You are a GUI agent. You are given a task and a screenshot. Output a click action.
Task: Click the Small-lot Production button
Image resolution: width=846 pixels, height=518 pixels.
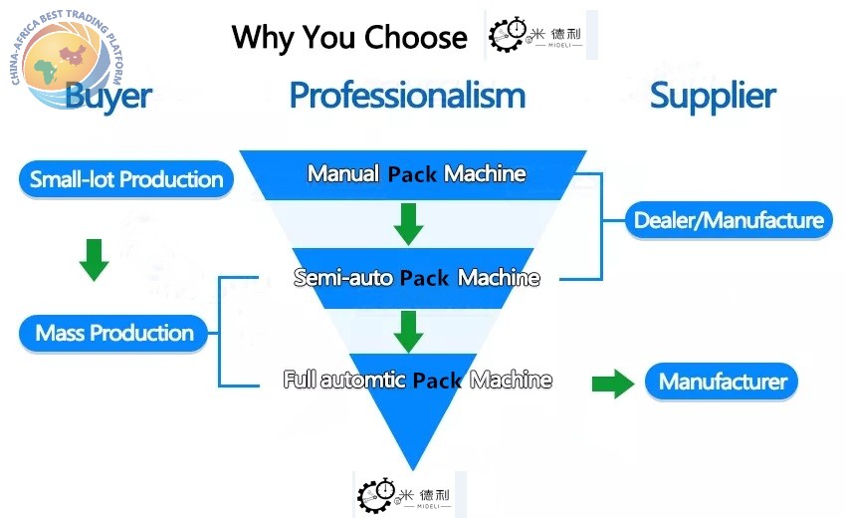[126, 178]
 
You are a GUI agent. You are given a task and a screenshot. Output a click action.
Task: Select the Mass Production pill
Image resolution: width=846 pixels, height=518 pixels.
[113, 333]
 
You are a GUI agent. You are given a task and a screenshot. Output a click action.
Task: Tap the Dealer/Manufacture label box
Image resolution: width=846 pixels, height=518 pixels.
[729, 220]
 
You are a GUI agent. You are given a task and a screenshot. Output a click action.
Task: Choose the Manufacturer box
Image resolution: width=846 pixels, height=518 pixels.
[722, 382]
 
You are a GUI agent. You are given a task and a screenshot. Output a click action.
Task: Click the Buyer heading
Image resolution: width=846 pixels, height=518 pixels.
[108, 97]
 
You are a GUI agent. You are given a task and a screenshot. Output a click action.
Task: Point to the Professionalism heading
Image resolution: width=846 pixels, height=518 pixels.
[407, 96]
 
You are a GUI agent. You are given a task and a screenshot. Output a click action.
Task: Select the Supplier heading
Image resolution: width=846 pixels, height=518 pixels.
[713, 97]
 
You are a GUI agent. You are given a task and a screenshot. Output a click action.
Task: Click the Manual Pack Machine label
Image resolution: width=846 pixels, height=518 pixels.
[416, 174]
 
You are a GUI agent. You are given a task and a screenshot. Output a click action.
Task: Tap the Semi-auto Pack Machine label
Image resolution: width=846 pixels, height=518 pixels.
[416, 278]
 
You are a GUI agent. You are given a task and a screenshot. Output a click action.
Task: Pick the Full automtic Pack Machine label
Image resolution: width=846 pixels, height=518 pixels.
[418, 380]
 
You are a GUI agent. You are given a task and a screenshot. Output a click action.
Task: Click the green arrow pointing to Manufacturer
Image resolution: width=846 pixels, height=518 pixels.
[613, 385]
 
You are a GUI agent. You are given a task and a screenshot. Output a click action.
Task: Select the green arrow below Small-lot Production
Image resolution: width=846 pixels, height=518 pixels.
[94, 260]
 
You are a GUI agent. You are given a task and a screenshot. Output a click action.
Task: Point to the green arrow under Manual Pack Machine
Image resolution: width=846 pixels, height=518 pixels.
[408, 224]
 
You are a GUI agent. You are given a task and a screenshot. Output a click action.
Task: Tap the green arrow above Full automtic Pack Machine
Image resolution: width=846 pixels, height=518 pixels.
[408, 332]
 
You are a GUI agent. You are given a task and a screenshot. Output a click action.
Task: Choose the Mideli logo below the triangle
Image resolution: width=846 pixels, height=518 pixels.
[409, 495]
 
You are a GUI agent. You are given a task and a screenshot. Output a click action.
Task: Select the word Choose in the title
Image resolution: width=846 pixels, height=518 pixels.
[415, 37]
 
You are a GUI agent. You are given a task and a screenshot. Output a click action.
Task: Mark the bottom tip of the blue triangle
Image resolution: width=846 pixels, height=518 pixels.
[413, 469]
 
